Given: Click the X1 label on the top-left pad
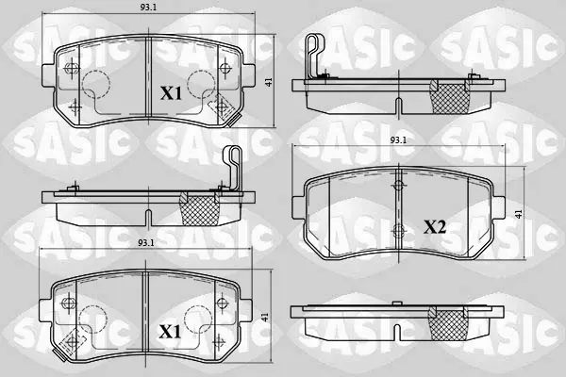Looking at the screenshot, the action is point(171,93).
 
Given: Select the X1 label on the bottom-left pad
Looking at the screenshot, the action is point(170,332).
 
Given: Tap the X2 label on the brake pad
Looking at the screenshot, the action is point(435,227).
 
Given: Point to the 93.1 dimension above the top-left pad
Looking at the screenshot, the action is point(148,8).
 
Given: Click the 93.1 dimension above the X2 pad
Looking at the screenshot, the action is point(398,140).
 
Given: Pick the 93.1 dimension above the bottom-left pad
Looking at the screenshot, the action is point(146,243).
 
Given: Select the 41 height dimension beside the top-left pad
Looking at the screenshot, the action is point(269,82).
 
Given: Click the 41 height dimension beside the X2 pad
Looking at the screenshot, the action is point(519,214).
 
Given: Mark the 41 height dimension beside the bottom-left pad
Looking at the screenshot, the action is point(266,318).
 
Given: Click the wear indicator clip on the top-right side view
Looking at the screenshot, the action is point(314,54).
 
